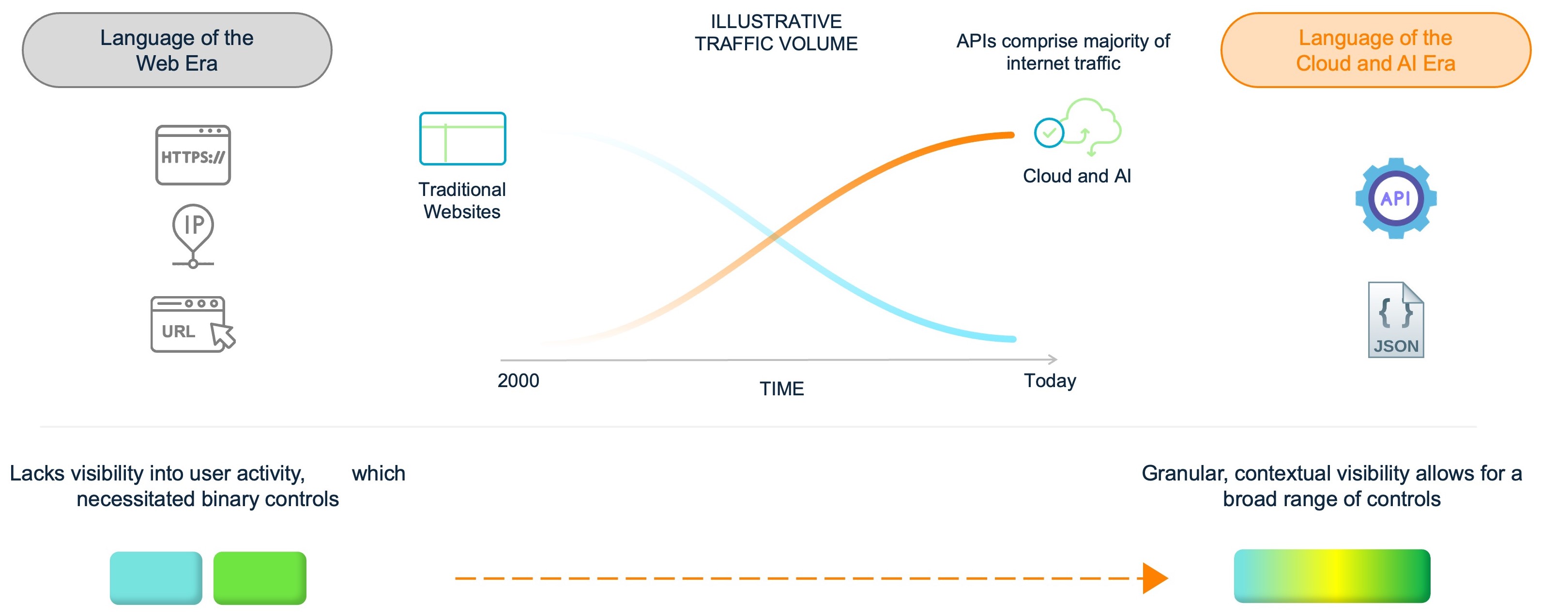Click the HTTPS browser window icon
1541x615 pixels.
point(193,155)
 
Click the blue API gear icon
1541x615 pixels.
point(1396,198)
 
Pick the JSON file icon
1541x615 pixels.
point(1396,320)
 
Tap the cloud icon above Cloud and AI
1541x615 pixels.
point(1078,127)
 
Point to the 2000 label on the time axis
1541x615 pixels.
point(518,381)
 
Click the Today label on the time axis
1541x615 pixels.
point(1050,381)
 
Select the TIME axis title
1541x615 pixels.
point(781,389)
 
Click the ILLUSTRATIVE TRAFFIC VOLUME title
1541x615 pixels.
point(776,33)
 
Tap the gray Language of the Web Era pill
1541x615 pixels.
point(177,50)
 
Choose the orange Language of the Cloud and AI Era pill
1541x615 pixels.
point(1375,50)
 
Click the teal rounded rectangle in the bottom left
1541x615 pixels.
point(156,578)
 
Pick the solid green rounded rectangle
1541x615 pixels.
point(259,578)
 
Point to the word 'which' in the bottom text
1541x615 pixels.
point(378,473)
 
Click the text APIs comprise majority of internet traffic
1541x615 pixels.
point(1063,52)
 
